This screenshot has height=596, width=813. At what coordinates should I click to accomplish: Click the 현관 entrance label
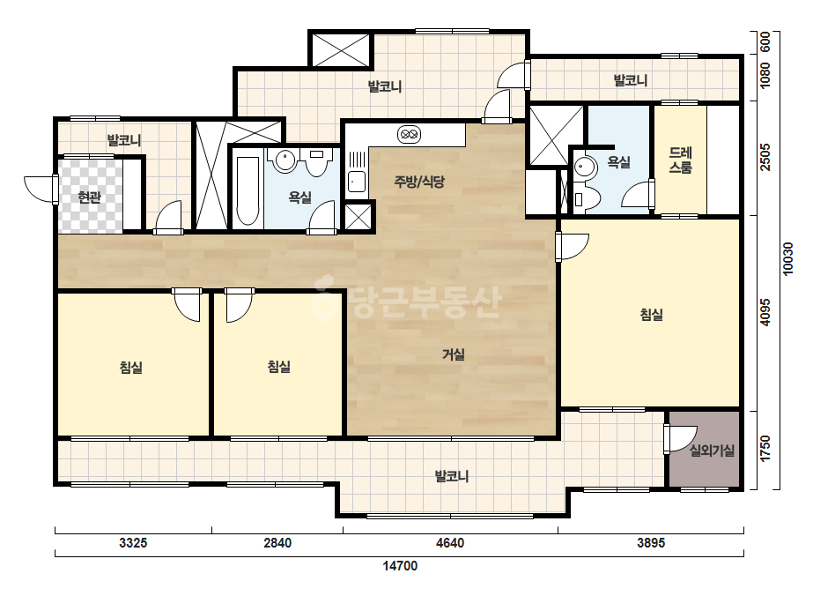[89, 197]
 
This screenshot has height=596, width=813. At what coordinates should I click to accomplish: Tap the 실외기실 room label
[712, 451]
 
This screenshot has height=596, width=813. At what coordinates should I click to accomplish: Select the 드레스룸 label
[680, 160]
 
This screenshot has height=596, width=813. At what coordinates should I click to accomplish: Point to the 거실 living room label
[453, 354]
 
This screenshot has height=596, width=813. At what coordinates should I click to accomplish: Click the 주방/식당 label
[419, 182]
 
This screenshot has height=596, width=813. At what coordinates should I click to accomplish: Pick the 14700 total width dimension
[400, 566]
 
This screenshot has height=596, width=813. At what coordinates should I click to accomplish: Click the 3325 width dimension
[133, 543]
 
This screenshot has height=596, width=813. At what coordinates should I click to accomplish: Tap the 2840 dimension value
[277, 543]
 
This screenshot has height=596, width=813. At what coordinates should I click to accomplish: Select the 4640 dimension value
[450, 543]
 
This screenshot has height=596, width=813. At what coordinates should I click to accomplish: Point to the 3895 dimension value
[651, 543]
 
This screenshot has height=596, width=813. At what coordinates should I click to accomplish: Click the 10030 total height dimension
[788, 258]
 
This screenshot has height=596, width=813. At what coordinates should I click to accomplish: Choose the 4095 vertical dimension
[765, 312]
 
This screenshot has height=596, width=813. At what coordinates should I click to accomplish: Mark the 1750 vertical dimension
[765, 449]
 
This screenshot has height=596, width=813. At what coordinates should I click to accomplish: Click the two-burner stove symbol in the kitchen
[409, 135]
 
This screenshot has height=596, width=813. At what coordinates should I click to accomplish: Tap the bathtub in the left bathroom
[248, 190]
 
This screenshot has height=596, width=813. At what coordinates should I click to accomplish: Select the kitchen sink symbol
[356, 182]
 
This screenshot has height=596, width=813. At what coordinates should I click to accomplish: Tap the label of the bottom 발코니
[452, 476]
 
